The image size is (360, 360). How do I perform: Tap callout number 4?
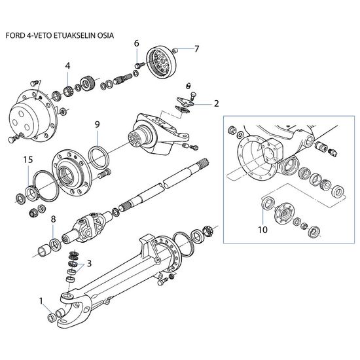67,66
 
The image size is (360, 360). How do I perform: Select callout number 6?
137,43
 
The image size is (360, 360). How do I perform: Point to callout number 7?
196,49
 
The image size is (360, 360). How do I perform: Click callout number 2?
216,104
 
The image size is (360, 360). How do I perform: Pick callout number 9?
98,124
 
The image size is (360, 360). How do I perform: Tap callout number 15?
28,160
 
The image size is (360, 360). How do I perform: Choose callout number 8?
53,219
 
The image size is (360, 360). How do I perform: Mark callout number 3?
89,263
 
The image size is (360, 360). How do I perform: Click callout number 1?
41,301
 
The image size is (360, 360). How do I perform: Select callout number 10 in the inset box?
263,230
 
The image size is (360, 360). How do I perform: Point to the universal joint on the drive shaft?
88,226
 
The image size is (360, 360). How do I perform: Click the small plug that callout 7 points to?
175,50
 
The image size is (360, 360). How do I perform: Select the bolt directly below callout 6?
139,65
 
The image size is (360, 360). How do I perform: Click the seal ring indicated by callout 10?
268,203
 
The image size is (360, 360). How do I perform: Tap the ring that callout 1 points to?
51,317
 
